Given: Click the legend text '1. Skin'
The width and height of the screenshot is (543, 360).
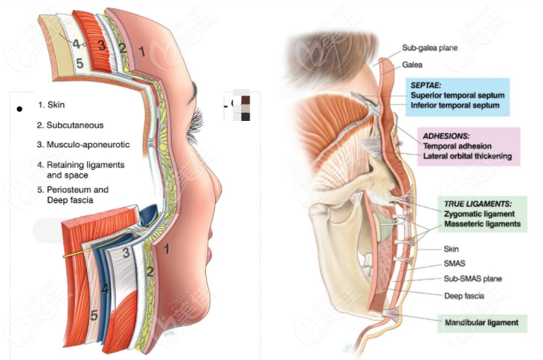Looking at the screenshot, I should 51,105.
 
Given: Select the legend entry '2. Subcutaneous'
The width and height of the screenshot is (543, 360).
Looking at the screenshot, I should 71,125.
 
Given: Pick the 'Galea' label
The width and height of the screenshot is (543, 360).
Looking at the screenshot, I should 413,64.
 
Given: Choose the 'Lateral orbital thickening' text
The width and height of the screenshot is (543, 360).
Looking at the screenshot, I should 467,155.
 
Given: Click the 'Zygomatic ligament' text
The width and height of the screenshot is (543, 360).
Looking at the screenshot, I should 479,213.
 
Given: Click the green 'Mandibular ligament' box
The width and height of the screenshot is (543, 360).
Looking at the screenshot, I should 481,323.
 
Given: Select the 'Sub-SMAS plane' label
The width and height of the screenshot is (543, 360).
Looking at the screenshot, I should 472,279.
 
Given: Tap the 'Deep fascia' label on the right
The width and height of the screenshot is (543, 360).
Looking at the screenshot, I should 464,296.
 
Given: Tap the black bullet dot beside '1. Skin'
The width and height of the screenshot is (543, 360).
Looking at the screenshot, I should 20,109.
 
